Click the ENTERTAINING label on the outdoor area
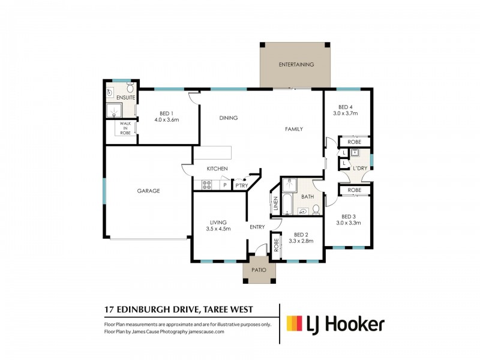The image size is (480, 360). pos(296,64)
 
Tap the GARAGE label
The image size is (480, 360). pos(148,191)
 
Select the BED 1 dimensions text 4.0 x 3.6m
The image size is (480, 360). pos(167,120)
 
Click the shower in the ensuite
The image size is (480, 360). pos(113,110)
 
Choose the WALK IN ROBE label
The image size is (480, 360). pos(125,128)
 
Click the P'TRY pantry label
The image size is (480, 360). pos(241,185)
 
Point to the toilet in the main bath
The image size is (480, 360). pos(316,209)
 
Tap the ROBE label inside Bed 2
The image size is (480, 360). pos(276,246)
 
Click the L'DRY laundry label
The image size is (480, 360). pos(359,168)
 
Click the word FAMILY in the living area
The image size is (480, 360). pos(293,129)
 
